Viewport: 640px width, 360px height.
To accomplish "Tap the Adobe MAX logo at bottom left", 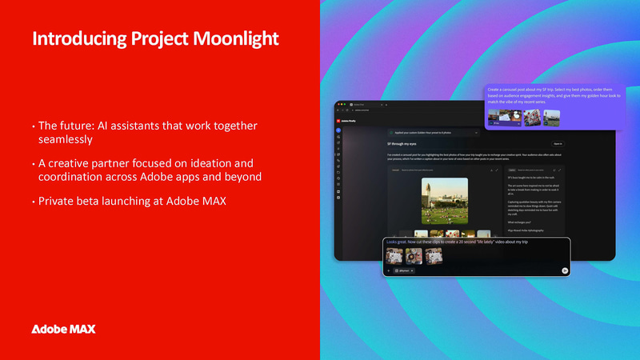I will pyautogui.click(x=64, y=329).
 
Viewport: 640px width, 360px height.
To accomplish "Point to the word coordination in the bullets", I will pyautogui.click(x=73, y=177).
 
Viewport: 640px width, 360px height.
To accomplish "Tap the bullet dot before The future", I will pyautogui.click(x=34, y=126).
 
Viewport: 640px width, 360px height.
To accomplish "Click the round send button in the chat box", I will pyautogui.click(x=565, y=270).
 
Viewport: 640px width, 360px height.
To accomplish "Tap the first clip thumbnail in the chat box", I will pyautogui.click(x=394, y=255).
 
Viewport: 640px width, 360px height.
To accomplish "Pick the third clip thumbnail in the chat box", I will pyautogui.click(x=434, y=255).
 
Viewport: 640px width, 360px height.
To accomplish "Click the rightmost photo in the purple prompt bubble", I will pyautogui.click(x=552, y=117).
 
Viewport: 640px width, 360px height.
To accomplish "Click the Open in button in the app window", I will pyautogui.click(x=558, y=144).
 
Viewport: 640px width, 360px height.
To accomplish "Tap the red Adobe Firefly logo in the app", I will pyautogui.click(x=339, y=120).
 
